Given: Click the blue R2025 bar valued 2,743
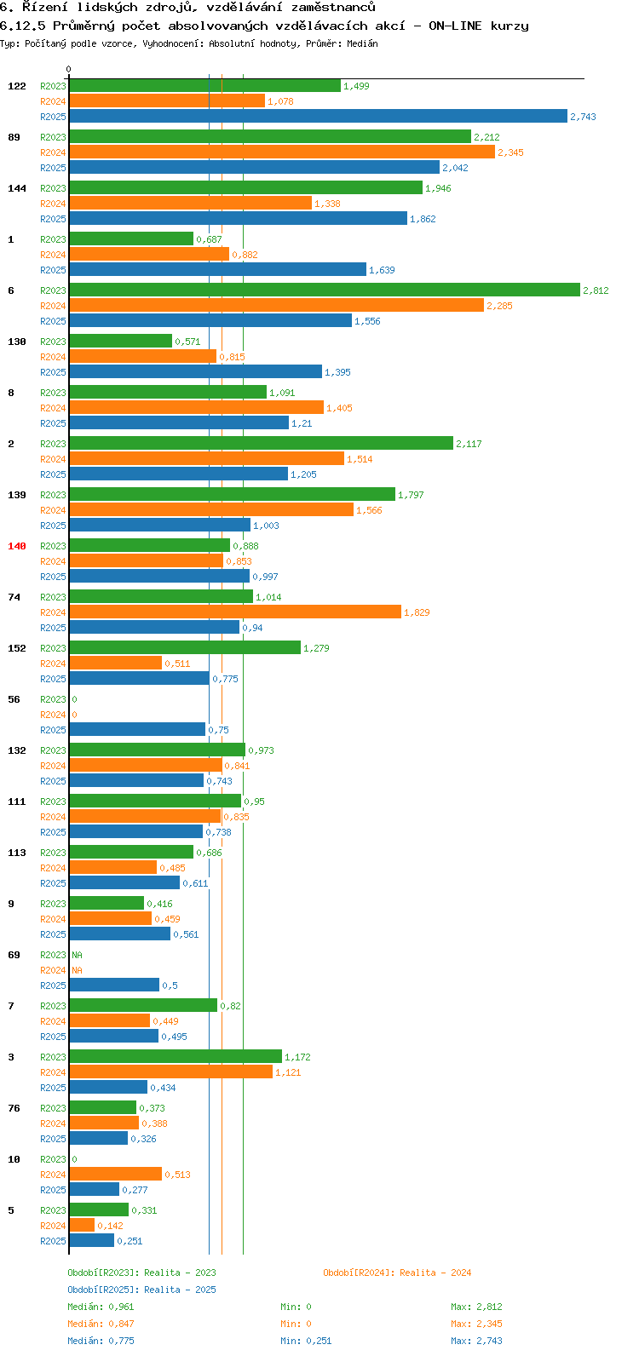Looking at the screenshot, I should tap(318, 117).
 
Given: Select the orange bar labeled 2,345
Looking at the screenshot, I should tap(282, 152).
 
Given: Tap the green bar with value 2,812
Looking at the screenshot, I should tap(325, 290).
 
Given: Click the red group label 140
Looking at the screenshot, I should tap(17, 546).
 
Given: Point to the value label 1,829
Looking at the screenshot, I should tap(417, 612).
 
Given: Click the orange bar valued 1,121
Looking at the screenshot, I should tap(170, 1072).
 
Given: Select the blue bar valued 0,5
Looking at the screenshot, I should tap(114, 985).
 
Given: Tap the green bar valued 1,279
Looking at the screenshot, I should tap(185, 648).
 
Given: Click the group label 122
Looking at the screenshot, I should tap(17, 86).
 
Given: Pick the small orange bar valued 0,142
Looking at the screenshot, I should tap(82, 1226).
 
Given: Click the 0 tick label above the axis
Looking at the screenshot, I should tap(69, 70).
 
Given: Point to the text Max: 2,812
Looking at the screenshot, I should tap(476, 1307).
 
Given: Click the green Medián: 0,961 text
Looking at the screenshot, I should tap(101, 1307).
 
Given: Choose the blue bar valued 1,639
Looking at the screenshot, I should tap(218, 270).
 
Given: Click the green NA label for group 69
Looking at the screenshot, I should tap(77, 955).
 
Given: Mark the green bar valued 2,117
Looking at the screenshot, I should tap(261, 444).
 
